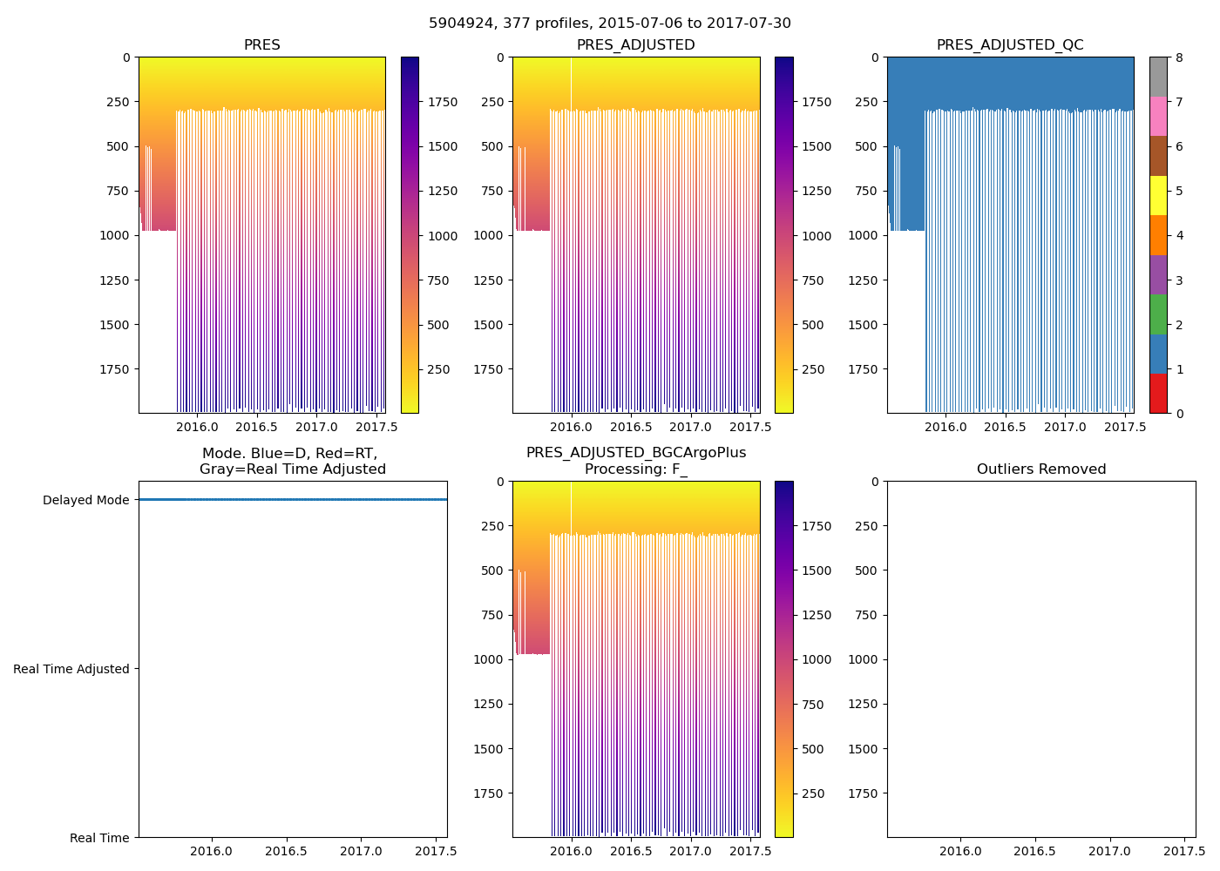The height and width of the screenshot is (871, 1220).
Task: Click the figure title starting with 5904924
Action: pyautogui.click(x=610, y=24)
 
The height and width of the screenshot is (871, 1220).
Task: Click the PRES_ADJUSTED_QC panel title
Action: pyautogui.click(x=1010, y=45)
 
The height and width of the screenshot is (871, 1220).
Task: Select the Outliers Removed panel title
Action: pyautogui.click(x=1041, y=469)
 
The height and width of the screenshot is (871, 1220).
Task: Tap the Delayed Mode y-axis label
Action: pyautogui.click(x=85, y=500)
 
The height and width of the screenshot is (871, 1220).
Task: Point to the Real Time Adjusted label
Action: pyautogui.click(x=71, y=669)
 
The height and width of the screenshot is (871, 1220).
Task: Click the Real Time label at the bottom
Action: pyautogui.click(x=99, y=838)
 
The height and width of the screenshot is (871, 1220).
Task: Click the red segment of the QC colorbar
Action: pyautogui.click(x=1158, y=393)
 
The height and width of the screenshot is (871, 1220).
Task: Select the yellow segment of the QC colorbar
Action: pyautogui.click(x=1158, y=195)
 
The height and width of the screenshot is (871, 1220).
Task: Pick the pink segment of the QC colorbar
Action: pyautogui.click(x=1158, y=116)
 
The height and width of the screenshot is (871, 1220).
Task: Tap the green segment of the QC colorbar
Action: pyautogui.click(x=1158, y=314)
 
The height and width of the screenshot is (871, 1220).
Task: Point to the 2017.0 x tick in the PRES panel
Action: pyautogui.click(x=316, y=427)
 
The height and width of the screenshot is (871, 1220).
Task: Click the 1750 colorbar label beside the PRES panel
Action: pyautogui.click(x=443, y=102)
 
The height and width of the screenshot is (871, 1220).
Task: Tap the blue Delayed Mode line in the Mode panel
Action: pyautogui.click(x=293, y=500)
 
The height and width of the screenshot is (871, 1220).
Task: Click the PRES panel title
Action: pyautogui.click(x=261, y=45)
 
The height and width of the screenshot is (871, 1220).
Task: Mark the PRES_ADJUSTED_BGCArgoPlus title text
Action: pyautogui.click(x=636, y=453)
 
